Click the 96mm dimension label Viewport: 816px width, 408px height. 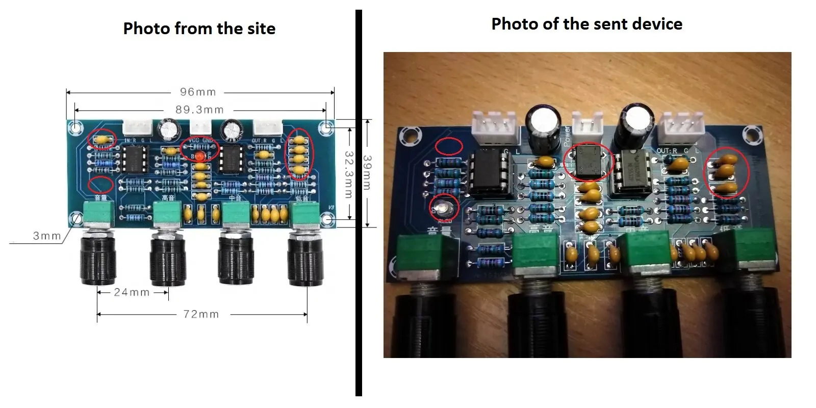point(198,92)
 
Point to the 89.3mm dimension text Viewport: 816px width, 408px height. point(199,110)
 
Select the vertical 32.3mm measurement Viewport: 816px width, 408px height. point(349,174)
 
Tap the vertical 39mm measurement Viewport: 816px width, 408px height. point(367,173)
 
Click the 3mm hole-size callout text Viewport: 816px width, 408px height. point(46,236)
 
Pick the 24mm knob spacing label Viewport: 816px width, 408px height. point(132,292)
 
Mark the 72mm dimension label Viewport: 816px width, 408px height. point(201,314)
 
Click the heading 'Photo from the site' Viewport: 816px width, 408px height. point(199,29)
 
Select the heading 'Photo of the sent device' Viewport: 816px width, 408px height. point(586,24)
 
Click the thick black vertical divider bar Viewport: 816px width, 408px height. point(359,204)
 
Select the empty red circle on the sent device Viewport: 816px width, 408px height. point(449,147)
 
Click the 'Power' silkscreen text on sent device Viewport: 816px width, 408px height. point(567,136)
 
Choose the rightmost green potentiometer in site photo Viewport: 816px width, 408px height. point(304,213)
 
